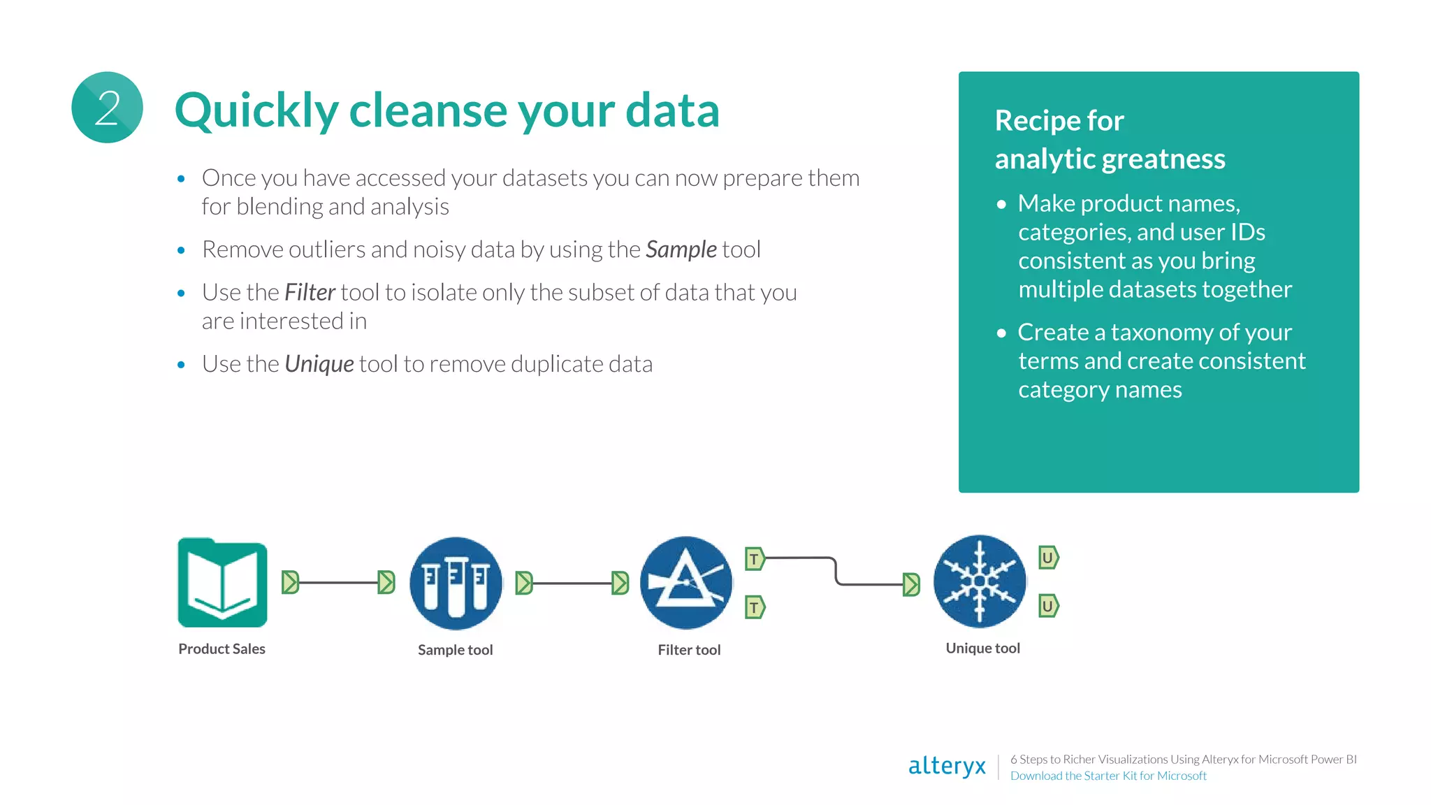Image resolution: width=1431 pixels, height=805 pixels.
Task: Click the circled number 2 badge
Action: pyautogui.click(x=107, y=108)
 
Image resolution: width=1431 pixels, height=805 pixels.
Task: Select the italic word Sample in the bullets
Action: pyautogui.click(x=681, y=249)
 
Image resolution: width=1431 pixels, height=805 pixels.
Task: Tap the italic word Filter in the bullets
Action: pyautogui.click(x=310, y=292)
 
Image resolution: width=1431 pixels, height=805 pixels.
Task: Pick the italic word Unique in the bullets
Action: pyautogui.click(x=319, y=364)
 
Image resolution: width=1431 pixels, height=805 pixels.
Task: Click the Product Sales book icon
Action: pyautogui.click(x=222, y=583)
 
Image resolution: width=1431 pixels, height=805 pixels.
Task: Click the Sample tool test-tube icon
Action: pyautogui.click(x=456, y=583)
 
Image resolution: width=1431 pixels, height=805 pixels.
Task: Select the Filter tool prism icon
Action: pyautogui.click(x=686, y=583)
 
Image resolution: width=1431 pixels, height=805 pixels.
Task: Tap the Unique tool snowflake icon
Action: pyautogui.click(x=980, y=581)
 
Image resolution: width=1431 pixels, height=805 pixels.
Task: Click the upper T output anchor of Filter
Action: pyautogui.click(x=755, y=558)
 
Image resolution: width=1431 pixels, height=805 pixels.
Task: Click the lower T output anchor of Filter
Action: pyautogui.click(x=755, y=607)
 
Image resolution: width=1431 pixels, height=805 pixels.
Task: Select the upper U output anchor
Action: pyautogui.click(x=1047, y=558)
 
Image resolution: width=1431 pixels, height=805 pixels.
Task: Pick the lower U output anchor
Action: pyautogui.click(x=1047, y=606)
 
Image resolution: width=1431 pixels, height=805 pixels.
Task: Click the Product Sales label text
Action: pyautogui.click(x=221, y=648)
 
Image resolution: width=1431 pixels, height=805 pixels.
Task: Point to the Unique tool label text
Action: pyautogui.click(x=982, y=648)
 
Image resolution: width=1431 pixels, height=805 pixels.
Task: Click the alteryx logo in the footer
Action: pyautogui.click(x=947, y=766)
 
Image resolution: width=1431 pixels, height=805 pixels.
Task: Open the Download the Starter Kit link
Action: pyautogui.click(x=1108, y=776)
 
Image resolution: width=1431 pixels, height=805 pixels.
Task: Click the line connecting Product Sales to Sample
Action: pyautogui.click(x=339, y=582)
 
